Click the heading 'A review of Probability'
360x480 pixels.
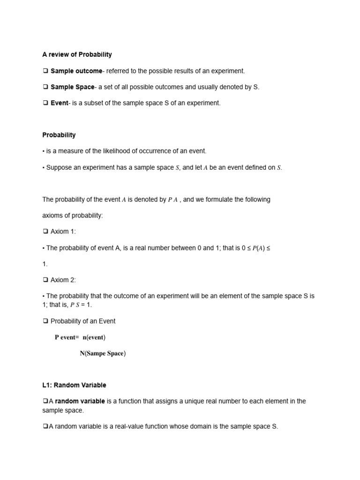point(77,54)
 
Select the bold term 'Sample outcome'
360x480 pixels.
point(76,71)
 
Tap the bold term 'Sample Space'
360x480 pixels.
point(72,87)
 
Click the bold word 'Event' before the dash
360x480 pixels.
point(59,103)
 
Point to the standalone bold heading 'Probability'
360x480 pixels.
point(59,135)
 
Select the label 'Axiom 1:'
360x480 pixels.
point(63,232)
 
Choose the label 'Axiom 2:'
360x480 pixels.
point(63,280)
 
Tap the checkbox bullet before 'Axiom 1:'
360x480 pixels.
point(45,232)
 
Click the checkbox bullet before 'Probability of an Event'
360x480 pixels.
point(45,321)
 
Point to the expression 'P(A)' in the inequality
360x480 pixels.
point(258,248)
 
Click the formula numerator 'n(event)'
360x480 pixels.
point(94,337)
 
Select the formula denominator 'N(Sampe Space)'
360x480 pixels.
point(103,353)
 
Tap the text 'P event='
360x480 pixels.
point(67,337)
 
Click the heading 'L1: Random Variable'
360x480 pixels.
point(74,385)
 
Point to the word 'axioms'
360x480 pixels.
point(52,215)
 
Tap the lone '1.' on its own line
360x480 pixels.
point(45,264)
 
